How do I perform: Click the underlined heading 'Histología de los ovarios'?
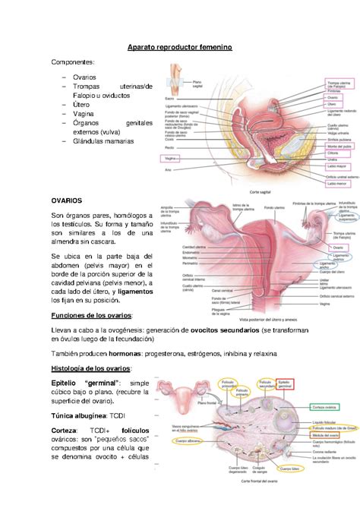(91, 368)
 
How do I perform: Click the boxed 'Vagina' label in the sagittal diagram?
(170, 158)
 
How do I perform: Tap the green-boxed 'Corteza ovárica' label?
(328, 407)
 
